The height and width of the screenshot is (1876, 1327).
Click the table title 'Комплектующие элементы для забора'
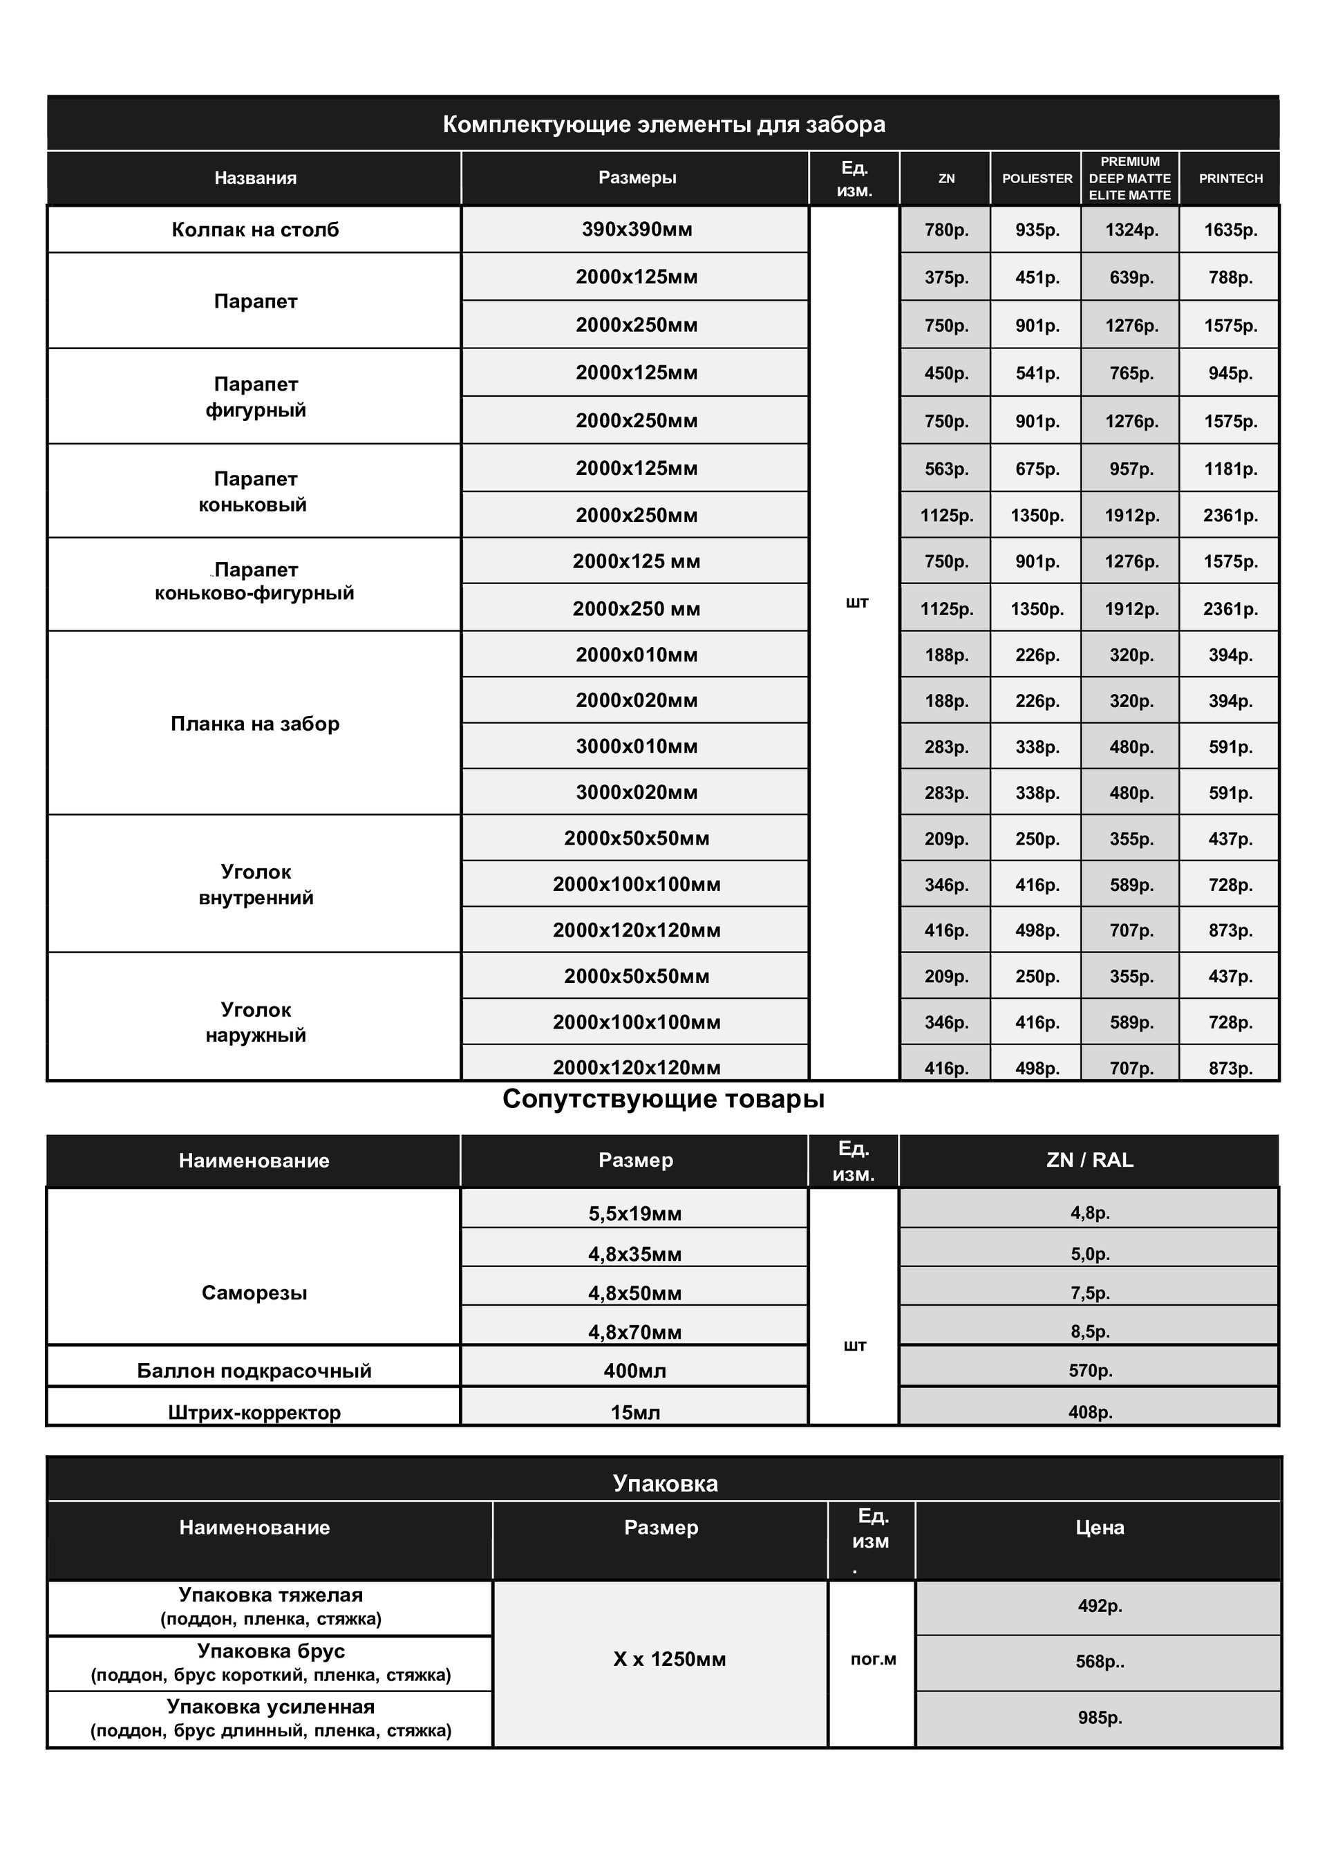click(663, 124)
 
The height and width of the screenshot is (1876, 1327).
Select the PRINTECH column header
click(1230, 178)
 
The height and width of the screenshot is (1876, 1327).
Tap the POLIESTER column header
click(1037, 178)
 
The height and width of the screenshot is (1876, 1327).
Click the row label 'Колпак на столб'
click(255, 229)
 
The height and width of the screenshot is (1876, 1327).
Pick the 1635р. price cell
click(1230, 229)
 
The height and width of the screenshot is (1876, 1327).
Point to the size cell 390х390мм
click(637, 229)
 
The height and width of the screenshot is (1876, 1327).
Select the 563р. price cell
click(946, 469)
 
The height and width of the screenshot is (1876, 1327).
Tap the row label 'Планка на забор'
click(255, 724)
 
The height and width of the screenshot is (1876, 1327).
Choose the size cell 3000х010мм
click(637, 746)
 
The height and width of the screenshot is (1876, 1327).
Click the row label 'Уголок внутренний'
click(256, 885)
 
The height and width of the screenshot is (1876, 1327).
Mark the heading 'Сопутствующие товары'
click(663, 1099)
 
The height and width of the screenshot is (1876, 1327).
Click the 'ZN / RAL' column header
click(1089, 1161)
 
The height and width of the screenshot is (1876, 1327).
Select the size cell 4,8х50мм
click(635, 1293)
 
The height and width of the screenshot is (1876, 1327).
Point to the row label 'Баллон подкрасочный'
click(254, 1370)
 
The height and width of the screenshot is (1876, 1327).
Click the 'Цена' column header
click(1099, 1527)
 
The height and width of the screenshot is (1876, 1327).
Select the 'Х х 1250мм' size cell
click(669, 1660)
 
